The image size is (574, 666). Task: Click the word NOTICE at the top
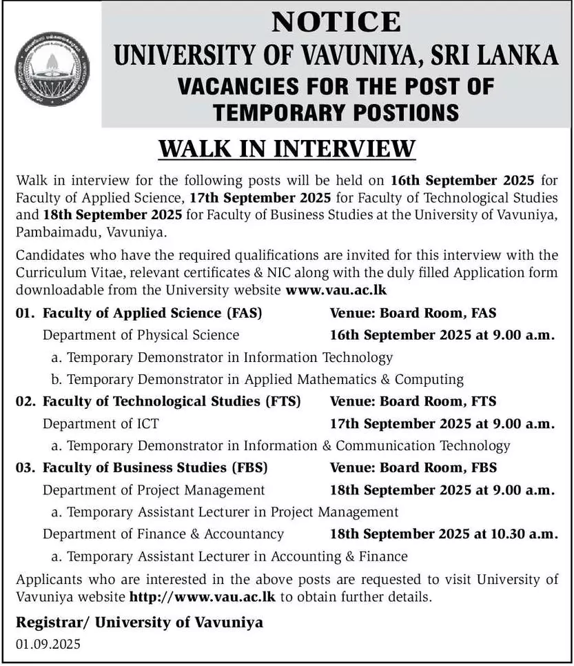336,22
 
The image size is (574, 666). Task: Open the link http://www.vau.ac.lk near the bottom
203,597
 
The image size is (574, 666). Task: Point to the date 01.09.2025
48,645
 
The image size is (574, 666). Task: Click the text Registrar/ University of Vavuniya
139,623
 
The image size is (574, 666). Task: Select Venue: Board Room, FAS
413,313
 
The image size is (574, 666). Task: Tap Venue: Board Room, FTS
413,401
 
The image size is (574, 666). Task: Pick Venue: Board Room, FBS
413,467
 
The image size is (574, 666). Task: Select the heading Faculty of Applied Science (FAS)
152,313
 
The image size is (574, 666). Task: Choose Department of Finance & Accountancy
163,534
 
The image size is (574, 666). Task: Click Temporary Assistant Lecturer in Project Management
225,512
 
